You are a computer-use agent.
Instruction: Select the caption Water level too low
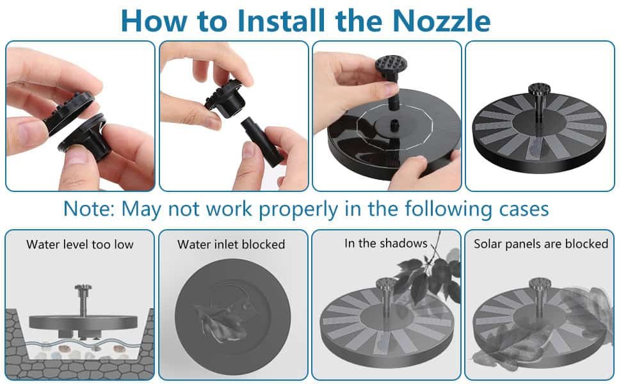[80, 244]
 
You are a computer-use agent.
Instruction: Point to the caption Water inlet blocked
[231, 244]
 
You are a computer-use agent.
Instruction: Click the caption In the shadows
[386, 243]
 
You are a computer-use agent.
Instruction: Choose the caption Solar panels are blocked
[540, 244]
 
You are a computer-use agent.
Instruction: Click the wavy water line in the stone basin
[83, 344]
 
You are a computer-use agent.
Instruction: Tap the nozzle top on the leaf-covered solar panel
[540, 284]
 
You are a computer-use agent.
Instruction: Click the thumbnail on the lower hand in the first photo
[76, 155]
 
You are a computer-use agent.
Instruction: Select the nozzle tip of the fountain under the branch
[386, 284]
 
